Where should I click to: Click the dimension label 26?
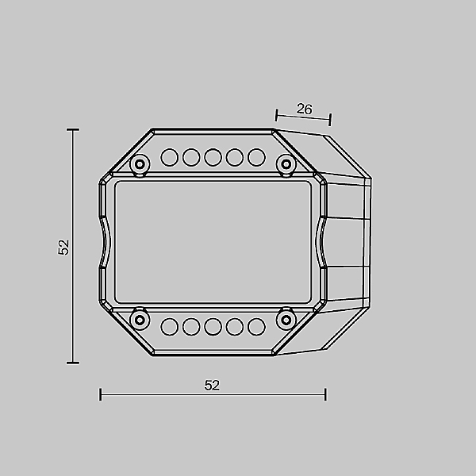[x=304, y=109]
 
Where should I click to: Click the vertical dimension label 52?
[x=63, y=248]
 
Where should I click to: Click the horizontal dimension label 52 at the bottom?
[x=212, y=386]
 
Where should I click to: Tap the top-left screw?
[x=140, y=164]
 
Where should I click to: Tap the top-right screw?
[x=286, y=164]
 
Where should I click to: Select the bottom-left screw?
[x=140, y=320]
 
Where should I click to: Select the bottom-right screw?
[x=286, y=320]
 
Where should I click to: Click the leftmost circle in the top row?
[x=170, y=157]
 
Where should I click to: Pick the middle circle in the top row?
[x=213, y=157]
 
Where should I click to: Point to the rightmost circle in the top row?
[x=256, y=157]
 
